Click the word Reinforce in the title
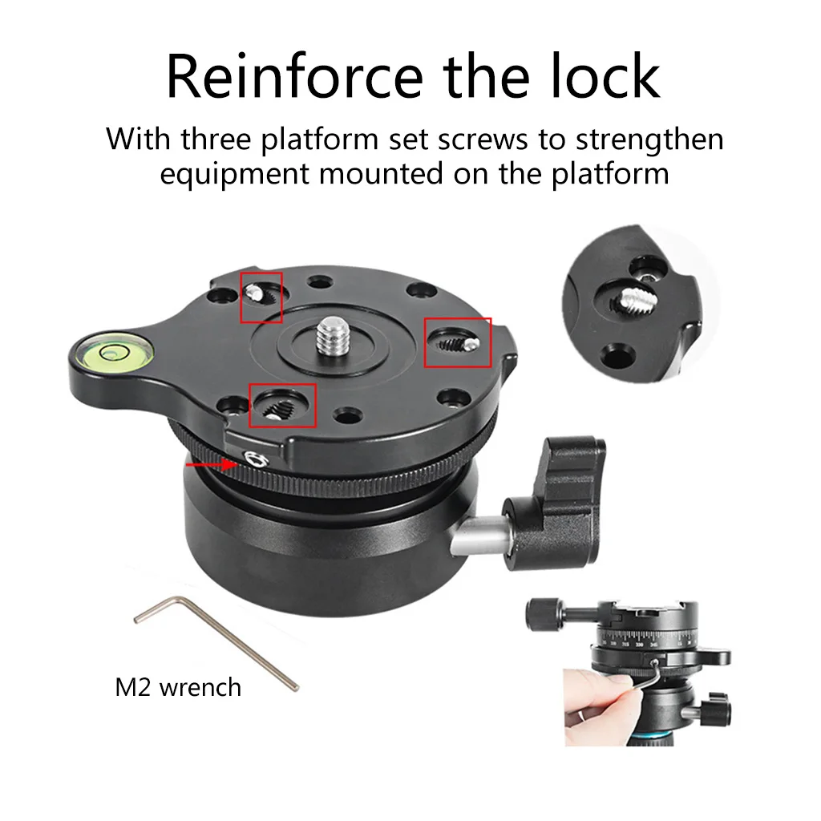pos(294,76)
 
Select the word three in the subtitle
pos(216,139)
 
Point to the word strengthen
pos(649,140)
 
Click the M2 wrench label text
pos(178,687)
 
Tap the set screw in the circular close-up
pos(635,300)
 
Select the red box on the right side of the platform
pos(457,342)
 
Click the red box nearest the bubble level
pos(261,297)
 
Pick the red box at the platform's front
pos(282,405)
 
